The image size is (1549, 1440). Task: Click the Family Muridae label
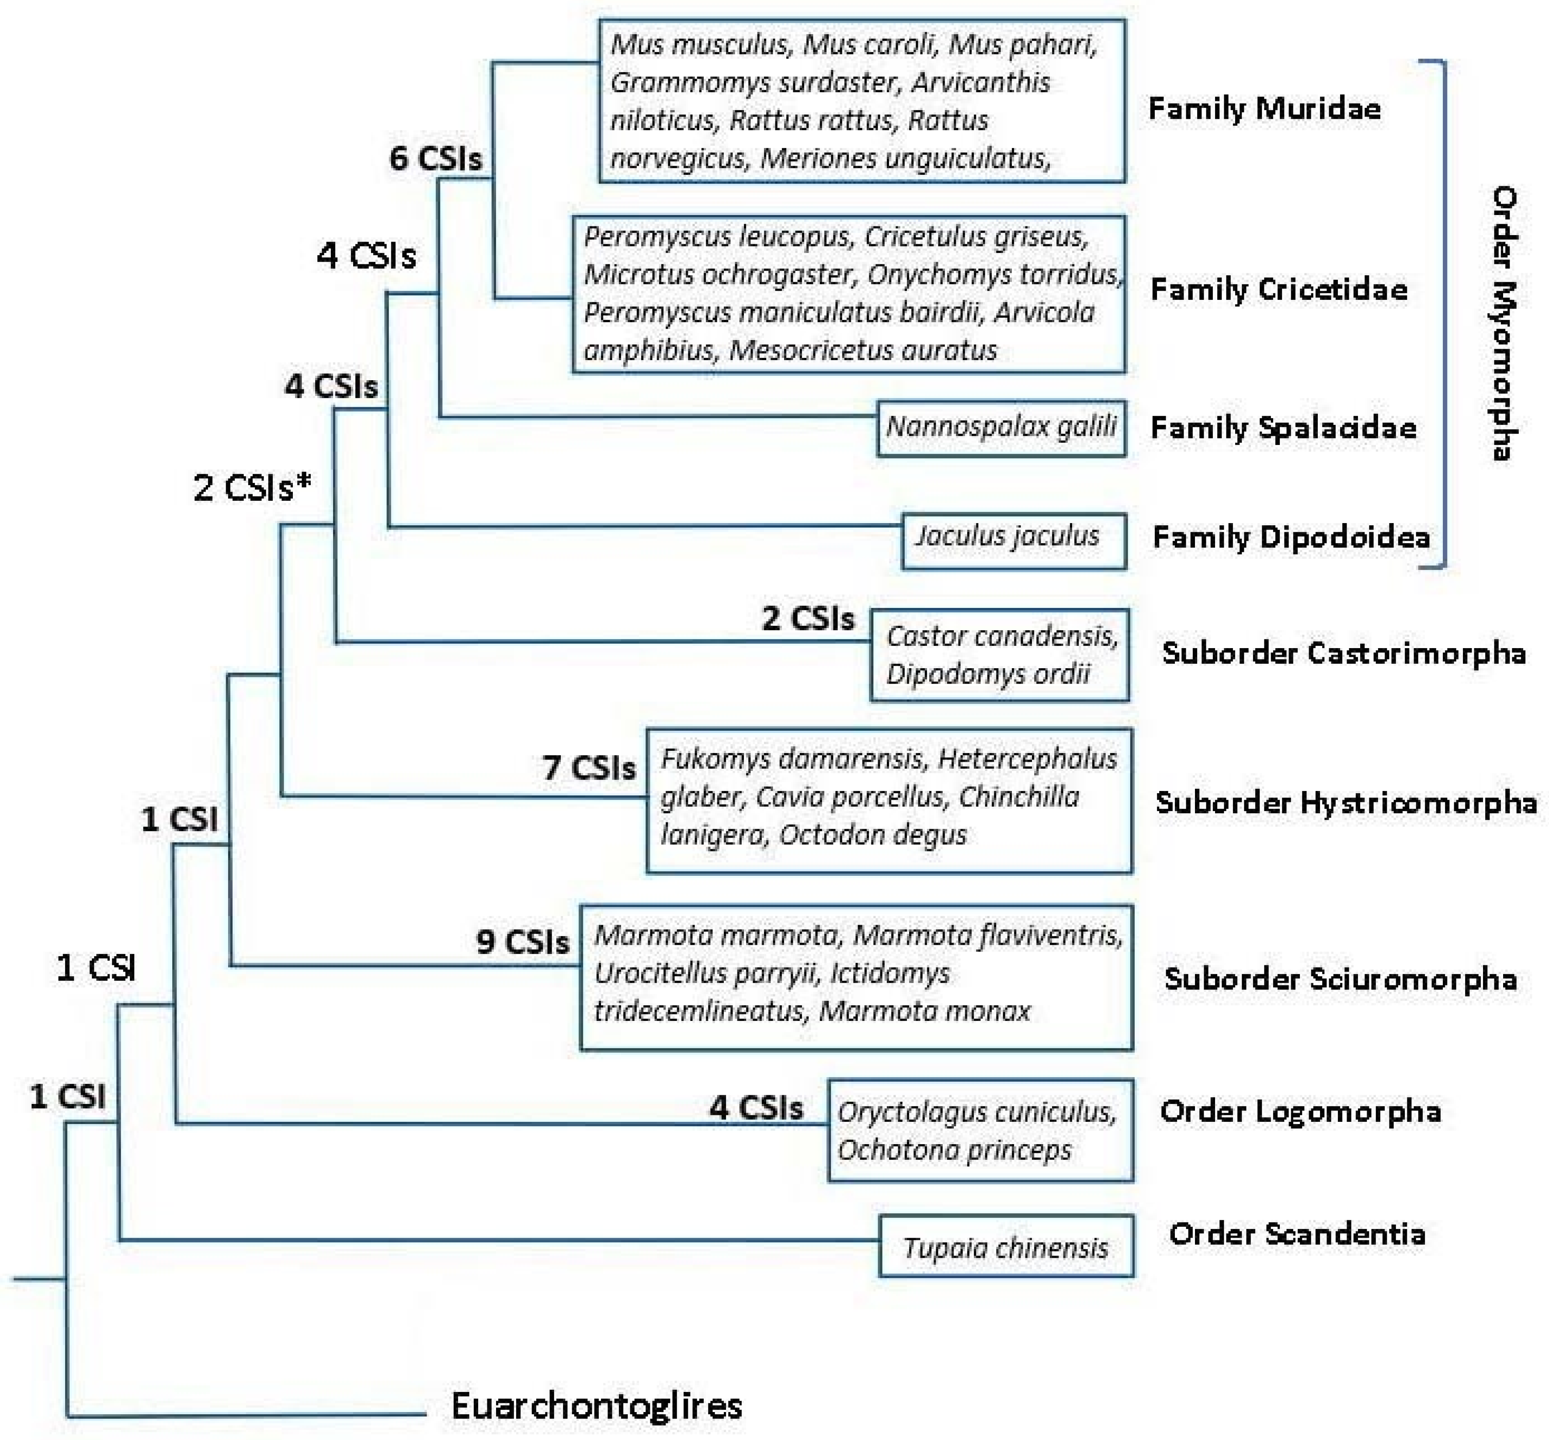click(1264, 108)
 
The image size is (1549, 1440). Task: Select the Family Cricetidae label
click(1278, 290)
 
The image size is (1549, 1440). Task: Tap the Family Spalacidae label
click(1282, 428)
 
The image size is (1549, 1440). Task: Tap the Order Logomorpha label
click(1300, 1111)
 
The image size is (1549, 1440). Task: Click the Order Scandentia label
click(1296, 1234)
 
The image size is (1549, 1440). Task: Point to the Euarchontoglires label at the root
click(596, 1406)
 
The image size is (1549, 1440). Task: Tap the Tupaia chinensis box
click(1005, 1248)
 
